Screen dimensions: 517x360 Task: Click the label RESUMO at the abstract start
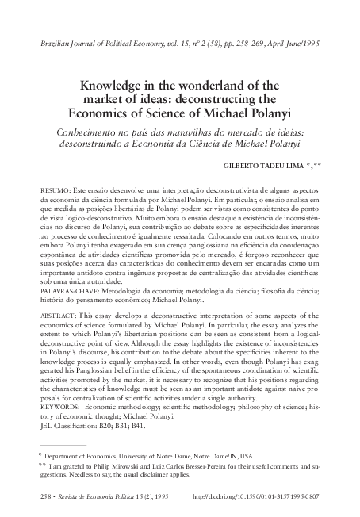pos(53,193)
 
